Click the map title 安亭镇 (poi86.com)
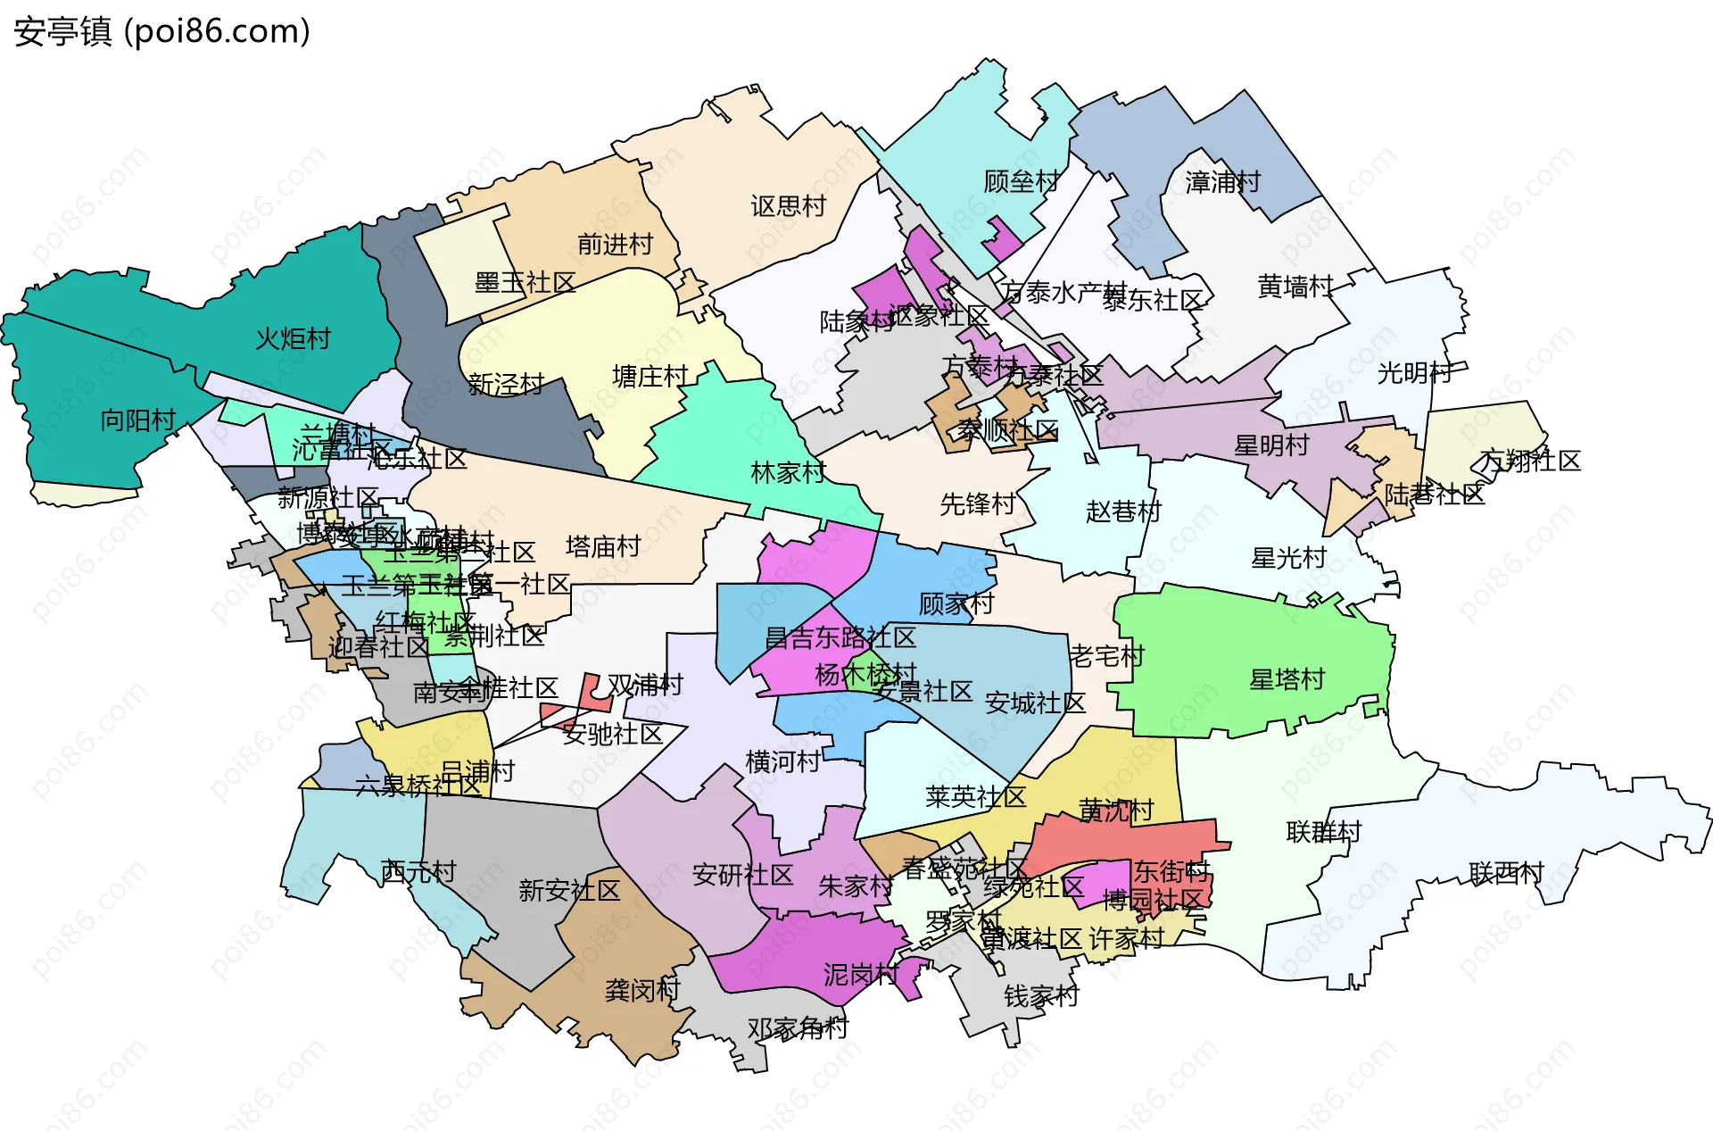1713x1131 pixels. tap(161, 31)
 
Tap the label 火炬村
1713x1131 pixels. tap(293, 338)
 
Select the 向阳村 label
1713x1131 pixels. tap(137, 420)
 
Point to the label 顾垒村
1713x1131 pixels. tap(1021, 181)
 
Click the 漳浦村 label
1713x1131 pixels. tap(1222, 182)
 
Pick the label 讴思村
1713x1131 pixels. tap(788, 206)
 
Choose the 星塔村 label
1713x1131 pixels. tap(1287, 679)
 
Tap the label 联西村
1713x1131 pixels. tap(1506, 872)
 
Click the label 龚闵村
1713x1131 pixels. tap(642, 989)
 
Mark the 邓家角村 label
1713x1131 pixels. tap(798, 1028)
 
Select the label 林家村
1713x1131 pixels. tap(788, 472)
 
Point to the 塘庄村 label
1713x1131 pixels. tap(650, 376)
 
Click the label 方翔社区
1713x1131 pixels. tap(1530, 461)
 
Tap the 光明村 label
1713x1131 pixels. tap(1415, 372)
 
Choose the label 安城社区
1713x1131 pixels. tap(1035, 703)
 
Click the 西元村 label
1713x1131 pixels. tap(418, 870)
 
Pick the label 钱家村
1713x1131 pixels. tap(1041, 995)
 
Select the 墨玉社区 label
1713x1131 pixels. tap(525, 283)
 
